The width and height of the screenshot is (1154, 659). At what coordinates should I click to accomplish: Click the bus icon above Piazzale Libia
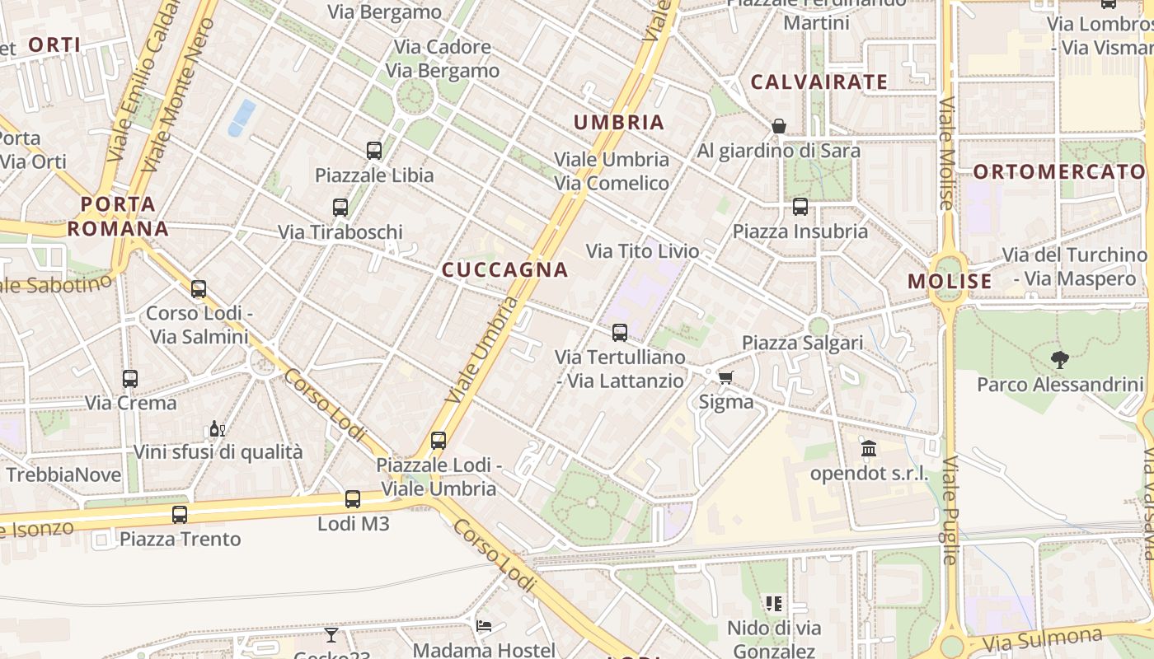tap(374, 150)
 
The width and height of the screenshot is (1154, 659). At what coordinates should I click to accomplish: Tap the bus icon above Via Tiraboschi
tap(340, 207)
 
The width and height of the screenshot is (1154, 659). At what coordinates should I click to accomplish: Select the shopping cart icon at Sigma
tap(725, 377)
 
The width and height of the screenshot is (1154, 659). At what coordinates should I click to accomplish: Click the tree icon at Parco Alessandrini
tap(1060, 359)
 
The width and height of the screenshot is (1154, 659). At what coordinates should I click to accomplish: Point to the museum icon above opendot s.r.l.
tap(869, 449)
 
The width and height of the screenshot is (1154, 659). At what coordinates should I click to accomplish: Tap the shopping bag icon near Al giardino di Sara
tap(778, 126)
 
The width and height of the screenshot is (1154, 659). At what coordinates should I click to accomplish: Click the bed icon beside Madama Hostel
tap(484, 626)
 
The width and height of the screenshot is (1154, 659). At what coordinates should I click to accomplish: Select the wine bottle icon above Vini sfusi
tap(218, 428)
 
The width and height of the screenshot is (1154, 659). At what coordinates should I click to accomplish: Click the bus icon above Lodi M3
tap(353, 498)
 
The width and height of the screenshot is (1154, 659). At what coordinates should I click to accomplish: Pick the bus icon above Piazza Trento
tap(180, 514)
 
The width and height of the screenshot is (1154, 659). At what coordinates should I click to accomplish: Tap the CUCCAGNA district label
tap(505, 269)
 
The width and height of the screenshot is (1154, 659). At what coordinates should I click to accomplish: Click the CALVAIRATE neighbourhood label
tap(819, 82)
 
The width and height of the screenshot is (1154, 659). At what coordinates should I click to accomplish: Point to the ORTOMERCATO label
tap(1059, 171)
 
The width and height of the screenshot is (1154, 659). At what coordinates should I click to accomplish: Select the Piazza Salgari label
tap(802, 343)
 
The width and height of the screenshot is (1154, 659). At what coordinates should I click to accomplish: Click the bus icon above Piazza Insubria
tap(800, 207)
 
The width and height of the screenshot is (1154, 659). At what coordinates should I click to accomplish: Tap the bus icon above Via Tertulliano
tap(620, 333)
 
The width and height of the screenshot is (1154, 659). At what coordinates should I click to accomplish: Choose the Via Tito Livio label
tap(642, 251)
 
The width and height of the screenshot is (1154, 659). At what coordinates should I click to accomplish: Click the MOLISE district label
tap(950, 281)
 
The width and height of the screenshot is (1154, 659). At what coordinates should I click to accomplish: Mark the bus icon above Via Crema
tap(130, 378)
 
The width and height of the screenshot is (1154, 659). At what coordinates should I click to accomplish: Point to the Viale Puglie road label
tap(950, 511)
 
